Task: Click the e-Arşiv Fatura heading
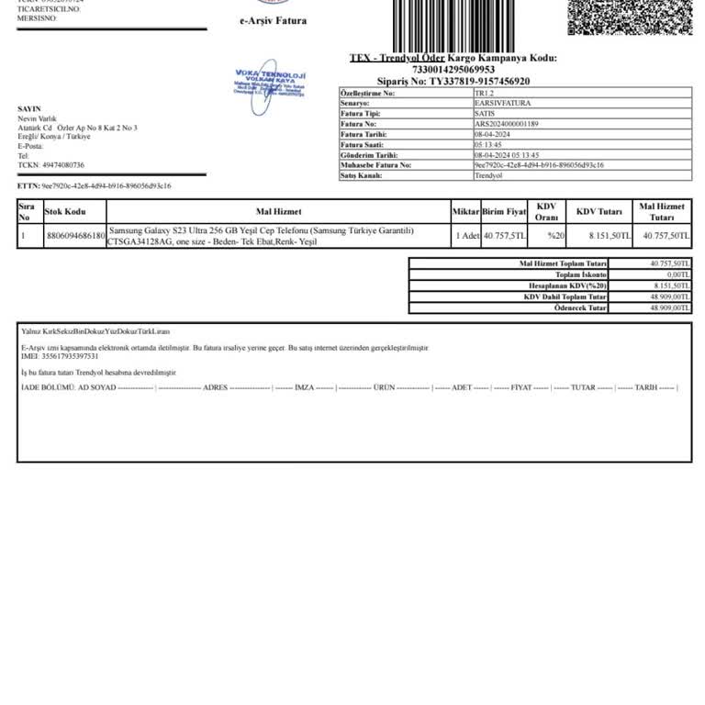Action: (273, 20)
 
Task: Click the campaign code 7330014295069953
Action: (453, 69)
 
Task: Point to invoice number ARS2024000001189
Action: (507, 124)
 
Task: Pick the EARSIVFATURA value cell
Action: (502, 104)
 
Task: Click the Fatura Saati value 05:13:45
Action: (488, 144)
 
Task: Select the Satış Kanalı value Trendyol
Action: (488, 174)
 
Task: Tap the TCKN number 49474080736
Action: (58, 165)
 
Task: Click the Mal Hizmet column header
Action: (278, 211)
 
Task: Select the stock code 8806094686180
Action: (74, 236)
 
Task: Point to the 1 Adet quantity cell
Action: (467, 236)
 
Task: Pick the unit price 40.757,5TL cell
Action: (505, 236)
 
